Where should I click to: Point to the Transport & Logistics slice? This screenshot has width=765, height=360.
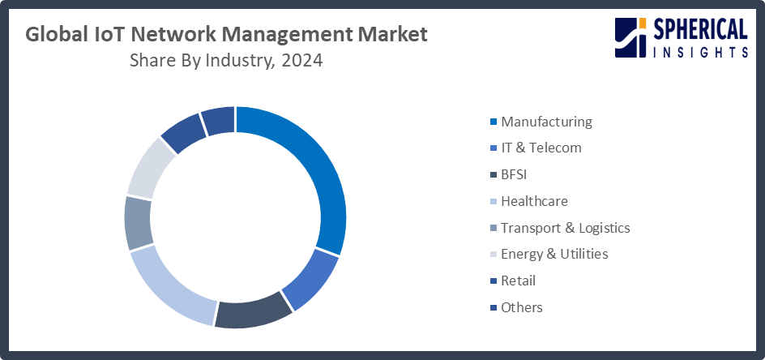(x=139, y=222)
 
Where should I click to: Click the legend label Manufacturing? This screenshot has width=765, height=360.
(x=546, y=122)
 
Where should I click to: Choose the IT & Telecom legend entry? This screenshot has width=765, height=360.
(x=541, y=148)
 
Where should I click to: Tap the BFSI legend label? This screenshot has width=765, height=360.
(x=517, y=174)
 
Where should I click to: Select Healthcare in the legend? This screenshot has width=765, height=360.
(x=534, y=201)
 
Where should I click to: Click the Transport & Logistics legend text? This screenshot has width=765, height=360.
(x=565, y=228)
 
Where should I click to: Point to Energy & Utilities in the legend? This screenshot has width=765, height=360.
(x=554, y=254)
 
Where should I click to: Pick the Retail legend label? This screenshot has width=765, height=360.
(x=518, y=281)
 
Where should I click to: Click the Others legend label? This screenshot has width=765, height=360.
(x=521, y=307)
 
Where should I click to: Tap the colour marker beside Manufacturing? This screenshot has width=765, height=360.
(x=493, y=122)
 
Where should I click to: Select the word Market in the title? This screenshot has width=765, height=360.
(x=389, y=36)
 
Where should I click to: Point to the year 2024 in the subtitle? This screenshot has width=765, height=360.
(x=301, y=62)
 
